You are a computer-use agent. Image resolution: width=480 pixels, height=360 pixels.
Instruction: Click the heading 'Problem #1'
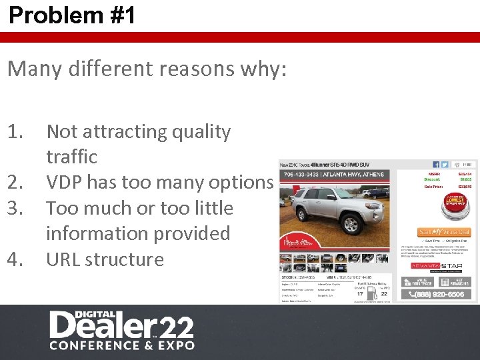click(72, 15)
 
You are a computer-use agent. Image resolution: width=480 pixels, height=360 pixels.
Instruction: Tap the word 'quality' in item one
click(201, 132)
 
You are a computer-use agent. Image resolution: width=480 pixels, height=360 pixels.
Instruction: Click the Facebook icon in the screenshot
click(436, 165)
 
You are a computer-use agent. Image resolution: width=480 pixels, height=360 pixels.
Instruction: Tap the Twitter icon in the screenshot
click(445, 165)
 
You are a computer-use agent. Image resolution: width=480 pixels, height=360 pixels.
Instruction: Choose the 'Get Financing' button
click(458, 282)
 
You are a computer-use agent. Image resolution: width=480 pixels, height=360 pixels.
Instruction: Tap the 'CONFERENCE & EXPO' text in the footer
click(122, 345)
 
